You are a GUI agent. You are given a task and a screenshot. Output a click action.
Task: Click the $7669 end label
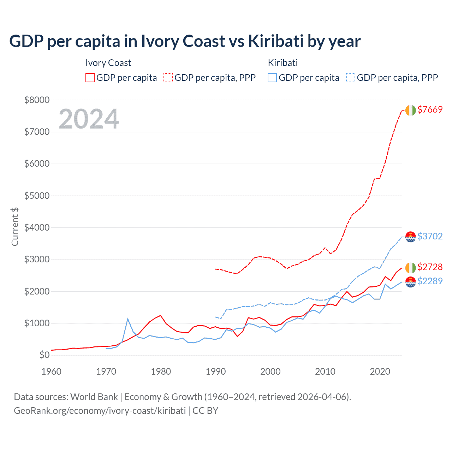(x=430, y=109)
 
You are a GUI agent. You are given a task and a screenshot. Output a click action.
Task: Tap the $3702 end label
(x=430, y=236)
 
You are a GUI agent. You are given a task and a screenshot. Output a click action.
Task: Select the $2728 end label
(x=430, y=267)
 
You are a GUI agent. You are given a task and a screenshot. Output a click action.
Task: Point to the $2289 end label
(x=430, y=281)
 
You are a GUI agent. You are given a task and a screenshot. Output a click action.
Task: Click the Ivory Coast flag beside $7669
(x=410, y=110)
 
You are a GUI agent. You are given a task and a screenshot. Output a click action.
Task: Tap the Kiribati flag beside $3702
(x=410, y=237)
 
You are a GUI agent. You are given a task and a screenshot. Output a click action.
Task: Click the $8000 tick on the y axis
(x=37, y=100)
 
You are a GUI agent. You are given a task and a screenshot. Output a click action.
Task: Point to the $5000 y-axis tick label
(x=37, y=196)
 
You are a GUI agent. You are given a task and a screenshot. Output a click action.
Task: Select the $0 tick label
(x=44, y=355)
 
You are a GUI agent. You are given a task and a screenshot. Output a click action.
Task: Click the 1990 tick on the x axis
(x=216, y=371)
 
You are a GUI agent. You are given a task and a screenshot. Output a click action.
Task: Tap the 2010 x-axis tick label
(x=325, y=371)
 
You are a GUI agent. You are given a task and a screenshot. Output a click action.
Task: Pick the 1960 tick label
(x=52, y=371)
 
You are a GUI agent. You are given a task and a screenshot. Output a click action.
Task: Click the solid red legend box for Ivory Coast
(x=90, y=78)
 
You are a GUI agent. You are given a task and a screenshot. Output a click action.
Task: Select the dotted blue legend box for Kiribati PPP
(x=351, y=78)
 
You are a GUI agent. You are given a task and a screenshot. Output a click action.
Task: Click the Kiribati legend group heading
(x=282, y=63)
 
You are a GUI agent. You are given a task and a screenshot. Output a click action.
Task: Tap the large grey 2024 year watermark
(x=89, y=119)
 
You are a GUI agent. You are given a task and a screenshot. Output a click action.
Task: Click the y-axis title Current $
(x=15, y=227)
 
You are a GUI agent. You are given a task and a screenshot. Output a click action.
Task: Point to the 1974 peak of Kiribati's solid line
(x=128, y=319)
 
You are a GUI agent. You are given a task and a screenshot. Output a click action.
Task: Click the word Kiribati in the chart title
(x=276, y=41)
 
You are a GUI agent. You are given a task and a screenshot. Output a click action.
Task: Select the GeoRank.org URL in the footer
(x=100, y=411)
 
